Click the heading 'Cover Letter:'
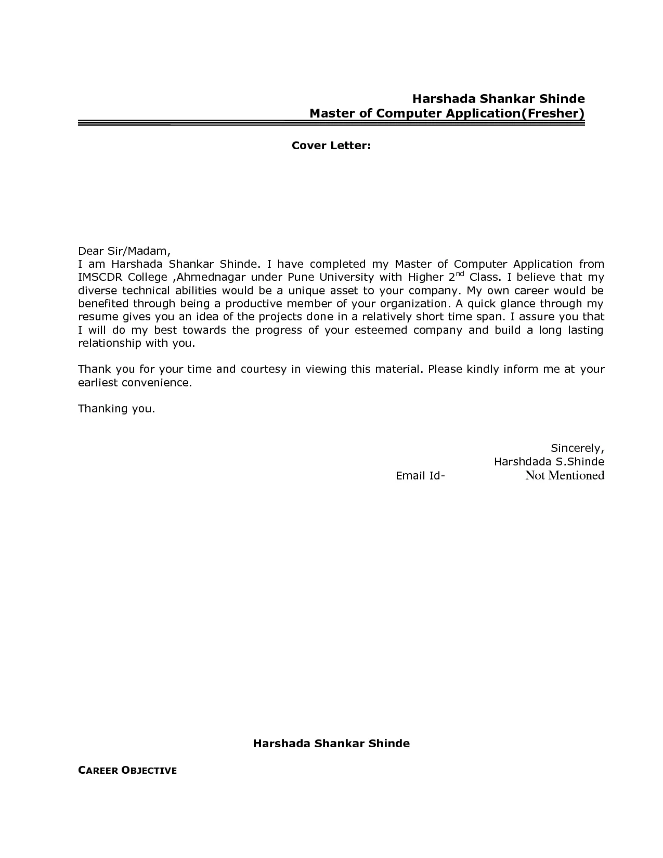pos(331,146)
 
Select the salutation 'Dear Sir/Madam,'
pos(124,251)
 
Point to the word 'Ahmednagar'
pos(211,278)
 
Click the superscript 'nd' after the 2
pos(460,274)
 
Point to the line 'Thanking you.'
pos(116,409)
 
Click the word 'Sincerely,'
pos(577,448)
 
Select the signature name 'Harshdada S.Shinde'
pos(549,462)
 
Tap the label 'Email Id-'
pos(420,476)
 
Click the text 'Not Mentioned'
pos(564,475)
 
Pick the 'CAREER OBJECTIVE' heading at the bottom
pos(127,771)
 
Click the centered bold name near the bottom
pos(331,744)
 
